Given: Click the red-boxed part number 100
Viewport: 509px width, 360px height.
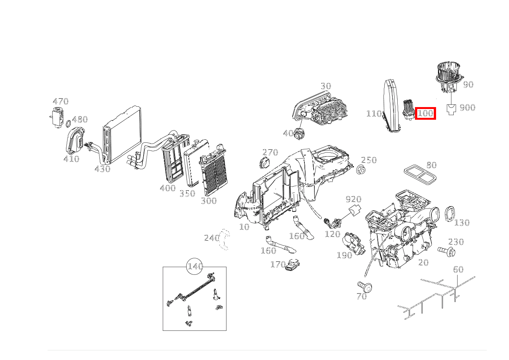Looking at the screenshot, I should click(425, 113).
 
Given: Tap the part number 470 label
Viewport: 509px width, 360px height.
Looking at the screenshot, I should click(61, 101).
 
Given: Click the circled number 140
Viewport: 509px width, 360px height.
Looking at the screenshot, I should click(195, 266).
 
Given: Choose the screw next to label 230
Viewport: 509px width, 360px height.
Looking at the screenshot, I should click(446, 251).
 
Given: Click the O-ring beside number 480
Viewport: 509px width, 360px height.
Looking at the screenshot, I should click(68, 124).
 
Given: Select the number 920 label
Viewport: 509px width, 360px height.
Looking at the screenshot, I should click(353, 199).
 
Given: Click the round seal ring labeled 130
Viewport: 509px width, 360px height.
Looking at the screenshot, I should click(449, 213).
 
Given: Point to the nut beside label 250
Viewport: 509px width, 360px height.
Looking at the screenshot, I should click(360, 169).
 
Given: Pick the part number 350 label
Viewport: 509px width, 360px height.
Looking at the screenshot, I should click(187, 193).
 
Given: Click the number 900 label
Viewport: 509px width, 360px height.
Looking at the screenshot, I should click(467, 107).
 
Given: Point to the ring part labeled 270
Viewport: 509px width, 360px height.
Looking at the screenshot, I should click(264, 162).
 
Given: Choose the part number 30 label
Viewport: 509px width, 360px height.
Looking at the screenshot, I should click(326, 86).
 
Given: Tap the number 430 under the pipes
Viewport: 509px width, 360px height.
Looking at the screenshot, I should click(102, 169).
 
